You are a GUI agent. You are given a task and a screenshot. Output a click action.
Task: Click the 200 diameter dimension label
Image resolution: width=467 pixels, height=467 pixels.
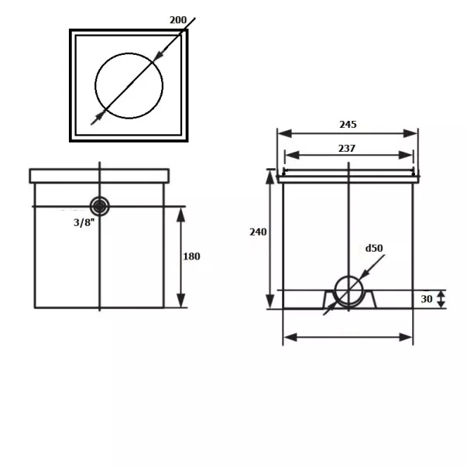178,20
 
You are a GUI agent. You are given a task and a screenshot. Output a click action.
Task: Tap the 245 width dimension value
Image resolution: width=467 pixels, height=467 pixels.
348,124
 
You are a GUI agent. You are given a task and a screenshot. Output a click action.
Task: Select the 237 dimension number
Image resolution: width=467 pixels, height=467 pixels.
347,148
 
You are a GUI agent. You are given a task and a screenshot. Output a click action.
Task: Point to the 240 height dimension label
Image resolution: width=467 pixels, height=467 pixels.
258,232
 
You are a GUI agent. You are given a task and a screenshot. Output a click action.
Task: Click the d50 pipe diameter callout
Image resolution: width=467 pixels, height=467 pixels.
374,248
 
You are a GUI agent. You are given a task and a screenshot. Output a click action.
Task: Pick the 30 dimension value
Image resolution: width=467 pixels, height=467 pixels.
427,299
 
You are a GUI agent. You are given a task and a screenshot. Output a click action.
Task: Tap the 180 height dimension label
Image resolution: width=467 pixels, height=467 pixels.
191,256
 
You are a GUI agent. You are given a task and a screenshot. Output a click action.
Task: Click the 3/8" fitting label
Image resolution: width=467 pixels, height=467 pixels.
84,222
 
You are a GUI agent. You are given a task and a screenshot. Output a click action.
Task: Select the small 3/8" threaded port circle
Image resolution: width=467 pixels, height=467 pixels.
99,206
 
